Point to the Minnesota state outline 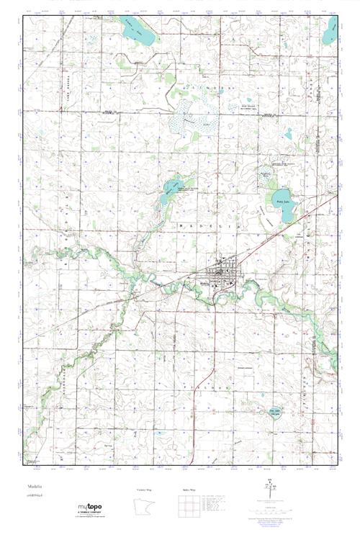pos(145,508)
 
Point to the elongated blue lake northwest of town pos(171,188)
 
